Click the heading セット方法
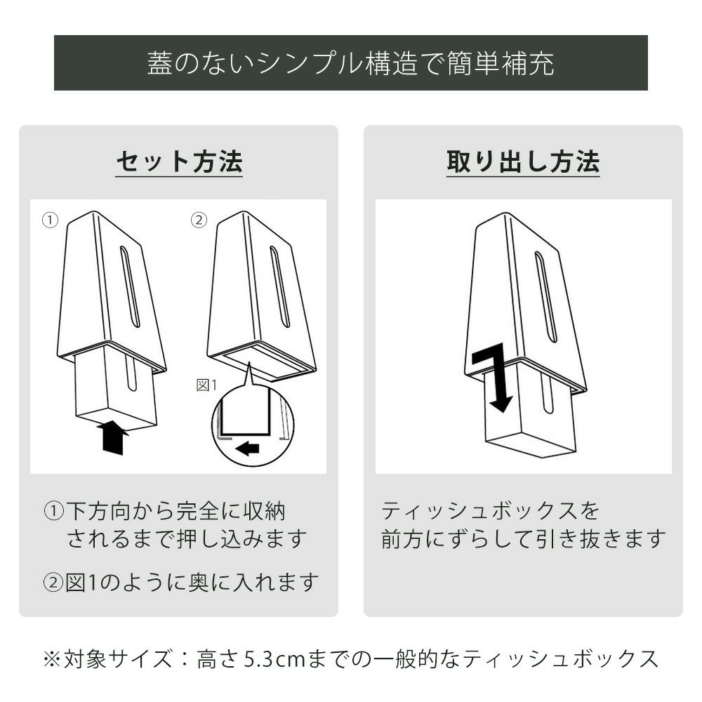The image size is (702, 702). click(179, 161)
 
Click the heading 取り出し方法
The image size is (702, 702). click(523, 161)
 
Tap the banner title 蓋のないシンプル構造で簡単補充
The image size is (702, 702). click(350, 63)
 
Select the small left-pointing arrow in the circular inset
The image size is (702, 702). click(249, 448)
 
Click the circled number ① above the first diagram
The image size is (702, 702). click(50, 220)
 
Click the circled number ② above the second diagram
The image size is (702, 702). click(199, 220)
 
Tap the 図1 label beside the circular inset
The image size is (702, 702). click(206, 385)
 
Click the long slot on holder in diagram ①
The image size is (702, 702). click(130, 286)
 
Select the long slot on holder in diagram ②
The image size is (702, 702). click(280, 286)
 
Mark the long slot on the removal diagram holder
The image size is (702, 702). click(546, 297)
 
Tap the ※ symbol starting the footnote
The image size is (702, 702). click(53, 659)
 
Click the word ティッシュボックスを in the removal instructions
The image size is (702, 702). click(490, 511)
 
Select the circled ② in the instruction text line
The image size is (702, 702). click(54, 583)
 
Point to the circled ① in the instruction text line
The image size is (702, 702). click(54, 511)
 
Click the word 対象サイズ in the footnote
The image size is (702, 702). click(117, 659)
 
